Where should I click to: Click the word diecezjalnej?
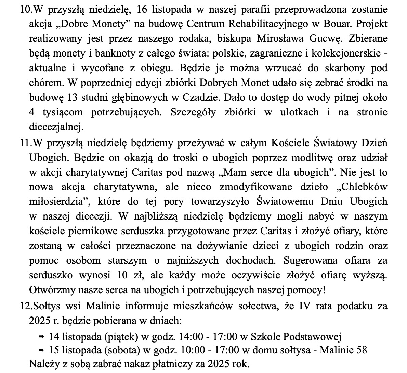56,127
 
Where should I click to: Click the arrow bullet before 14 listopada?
41,337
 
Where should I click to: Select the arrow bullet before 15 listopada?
41,350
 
